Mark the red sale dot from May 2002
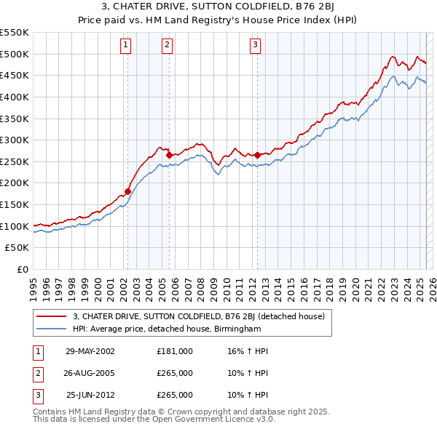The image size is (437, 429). [127, 191]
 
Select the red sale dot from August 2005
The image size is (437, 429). [169, 155]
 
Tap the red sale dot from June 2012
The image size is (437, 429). [257, 155]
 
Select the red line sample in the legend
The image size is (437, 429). [50, 316]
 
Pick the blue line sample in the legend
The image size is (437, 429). [50, 329]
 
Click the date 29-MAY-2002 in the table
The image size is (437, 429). [90, 351]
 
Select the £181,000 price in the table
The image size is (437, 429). [175, 351]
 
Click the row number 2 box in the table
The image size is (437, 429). [36, 373]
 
